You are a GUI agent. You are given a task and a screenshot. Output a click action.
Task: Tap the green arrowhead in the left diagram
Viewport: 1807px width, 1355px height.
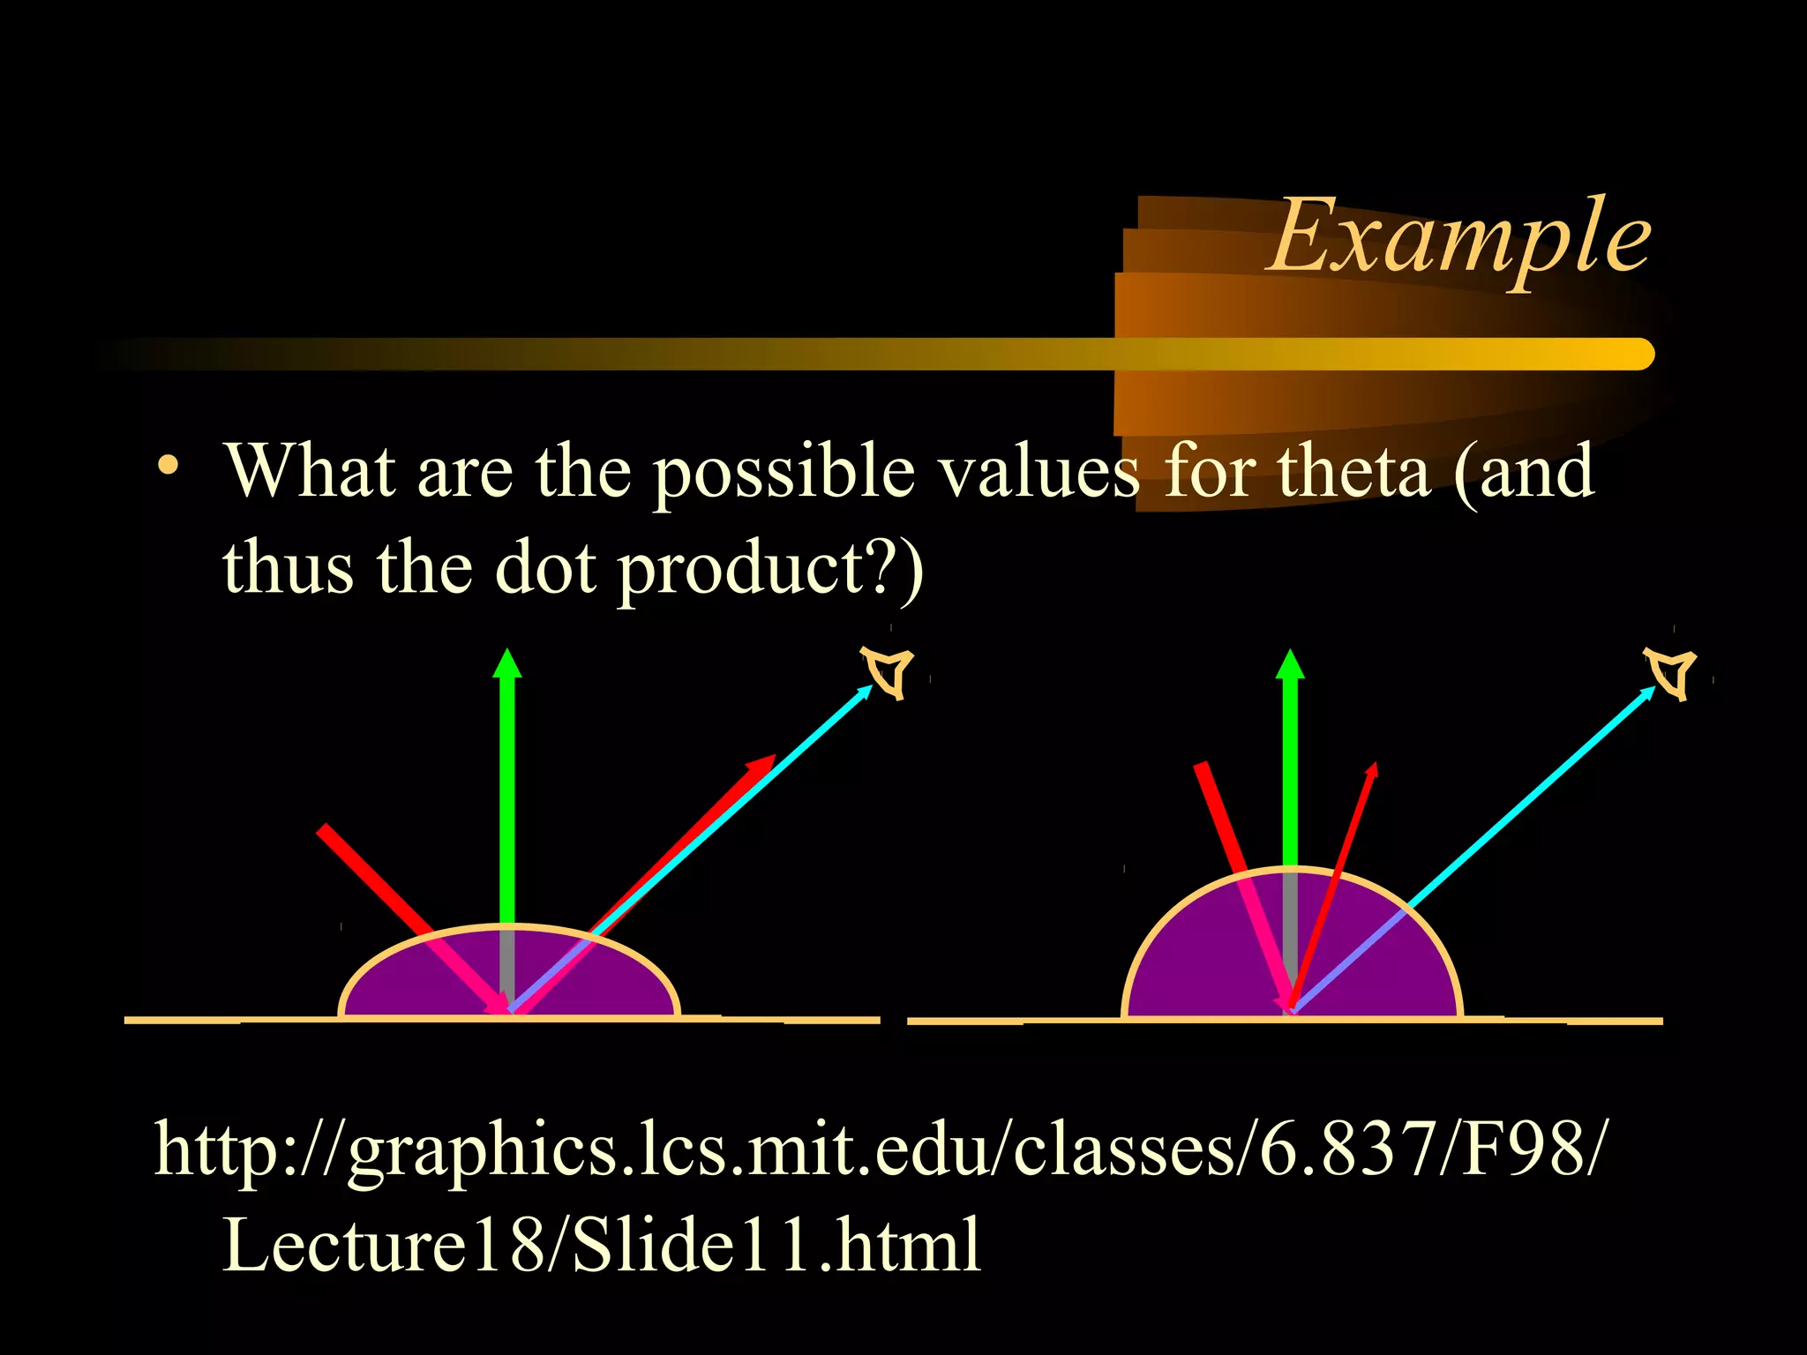(506, 663)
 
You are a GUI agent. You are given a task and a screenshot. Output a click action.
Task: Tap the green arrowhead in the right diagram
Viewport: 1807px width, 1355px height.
(1290, 664)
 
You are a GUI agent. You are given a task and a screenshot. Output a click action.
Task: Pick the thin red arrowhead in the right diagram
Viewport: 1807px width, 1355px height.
(1371, 769)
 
